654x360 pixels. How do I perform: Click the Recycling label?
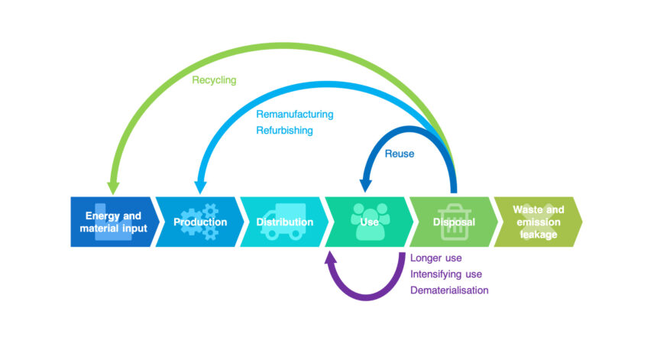pyautogui.click(x=214, y=79)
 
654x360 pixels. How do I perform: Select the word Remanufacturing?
pyautogui.click(x=294, y=115)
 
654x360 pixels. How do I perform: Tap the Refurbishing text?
pyautogui.click(x=283, y=131)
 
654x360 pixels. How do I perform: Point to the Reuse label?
pyautogui.click(x=400, y=154)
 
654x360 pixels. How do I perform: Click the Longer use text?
pyautogui.click(x=435, y=258)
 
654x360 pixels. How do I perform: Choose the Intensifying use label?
pyautogui.click(x=445, y=274)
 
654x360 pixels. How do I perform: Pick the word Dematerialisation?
pyautogui.click(x=448, y=290)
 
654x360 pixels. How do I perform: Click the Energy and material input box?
pyautogui.click(x=114, y=222)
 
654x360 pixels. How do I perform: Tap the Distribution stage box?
pyautogui.click(x=284, y=222)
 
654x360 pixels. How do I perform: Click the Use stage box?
pyautogui.click(x=369, y=222)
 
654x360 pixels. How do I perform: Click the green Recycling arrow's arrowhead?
pyautogui.click(x=114, y=186)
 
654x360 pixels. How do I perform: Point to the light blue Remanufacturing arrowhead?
pyautogui.click(x=201, y=186)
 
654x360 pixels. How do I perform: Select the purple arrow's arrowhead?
pyautogui.click(x=331, y=258)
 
